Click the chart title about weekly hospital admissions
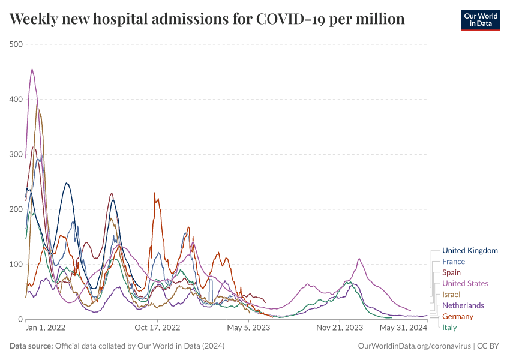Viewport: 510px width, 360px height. click(207, 19)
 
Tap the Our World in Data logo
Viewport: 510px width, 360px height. click(481, 20)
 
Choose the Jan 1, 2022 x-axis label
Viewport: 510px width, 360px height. click(46, 328)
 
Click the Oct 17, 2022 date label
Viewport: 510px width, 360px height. click(157, 328)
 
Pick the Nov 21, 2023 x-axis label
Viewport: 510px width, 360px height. click(340, 328)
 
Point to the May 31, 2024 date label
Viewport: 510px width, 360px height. click(403, 328)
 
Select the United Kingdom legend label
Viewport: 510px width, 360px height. click(470, 250)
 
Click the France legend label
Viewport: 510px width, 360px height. click(454, 262)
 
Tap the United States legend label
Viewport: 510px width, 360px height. click(465, 283)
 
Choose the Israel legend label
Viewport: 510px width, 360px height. click(451, 294)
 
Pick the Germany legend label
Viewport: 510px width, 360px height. click(458, 316)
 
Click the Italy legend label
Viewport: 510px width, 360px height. click(449, 327)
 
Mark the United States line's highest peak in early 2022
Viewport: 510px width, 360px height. click(32, 69)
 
